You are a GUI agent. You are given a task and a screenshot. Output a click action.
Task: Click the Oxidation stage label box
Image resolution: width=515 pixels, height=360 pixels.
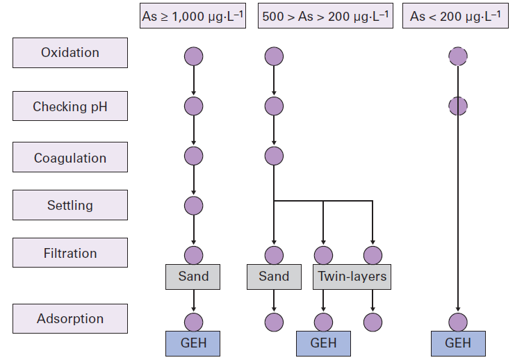(x=70, y=53)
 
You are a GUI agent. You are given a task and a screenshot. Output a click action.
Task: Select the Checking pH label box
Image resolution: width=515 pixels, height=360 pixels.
(x=70, y=107)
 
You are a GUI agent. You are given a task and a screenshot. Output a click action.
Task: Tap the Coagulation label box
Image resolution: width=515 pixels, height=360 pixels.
(x=70, y=158)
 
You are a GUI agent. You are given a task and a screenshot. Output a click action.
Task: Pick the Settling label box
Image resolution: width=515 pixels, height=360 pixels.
(x=70, y=205)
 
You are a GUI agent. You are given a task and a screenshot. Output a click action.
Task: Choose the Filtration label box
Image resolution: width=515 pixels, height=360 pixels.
(x=70, y=253)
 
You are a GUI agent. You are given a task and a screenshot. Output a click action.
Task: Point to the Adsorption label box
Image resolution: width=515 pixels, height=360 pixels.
(x=70, y=319)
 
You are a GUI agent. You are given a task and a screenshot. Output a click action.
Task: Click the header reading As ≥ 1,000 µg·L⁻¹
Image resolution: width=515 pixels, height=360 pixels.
(x=193, y=17)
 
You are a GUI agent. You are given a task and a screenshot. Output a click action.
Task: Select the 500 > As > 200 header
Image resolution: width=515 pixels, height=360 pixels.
(x=324, y=17)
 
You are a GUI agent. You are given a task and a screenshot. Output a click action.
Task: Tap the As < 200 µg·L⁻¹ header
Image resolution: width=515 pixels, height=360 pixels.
(x=456, y=17)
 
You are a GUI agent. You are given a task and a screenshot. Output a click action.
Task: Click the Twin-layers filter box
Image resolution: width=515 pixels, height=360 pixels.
(x=352, y=277)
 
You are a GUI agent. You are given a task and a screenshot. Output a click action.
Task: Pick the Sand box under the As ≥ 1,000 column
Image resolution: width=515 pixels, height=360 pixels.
(x=193, y=277)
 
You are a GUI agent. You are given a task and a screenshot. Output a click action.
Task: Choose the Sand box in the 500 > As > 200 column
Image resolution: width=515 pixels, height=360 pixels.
(x=274, y=277)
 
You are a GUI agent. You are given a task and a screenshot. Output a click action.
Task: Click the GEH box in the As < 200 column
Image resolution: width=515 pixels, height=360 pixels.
(x=457, y=343)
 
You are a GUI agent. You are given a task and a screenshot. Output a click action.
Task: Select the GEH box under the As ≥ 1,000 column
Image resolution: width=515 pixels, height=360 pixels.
(x=193, y=343)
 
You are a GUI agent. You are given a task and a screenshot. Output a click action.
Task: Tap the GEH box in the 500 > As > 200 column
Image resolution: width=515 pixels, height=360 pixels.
(x=323, y=343)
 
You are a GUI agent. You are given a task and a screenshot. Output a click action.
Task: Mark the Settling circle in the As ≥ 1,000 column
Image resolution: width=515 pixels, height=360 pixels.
(x=193, y=205)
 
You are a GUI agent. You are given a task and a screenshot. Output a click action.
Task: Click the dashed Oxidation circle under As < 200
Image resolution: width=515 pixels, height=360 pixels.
(x=457, y=56)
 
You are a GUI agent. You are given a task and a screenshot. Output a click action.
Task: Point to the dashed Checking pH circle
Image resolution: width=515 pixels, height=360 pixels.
(x=457, y=106)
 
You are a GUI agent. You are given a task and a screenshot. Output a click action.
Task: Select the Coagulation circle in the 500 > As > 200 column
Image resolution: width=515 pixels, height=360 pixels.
(x=274, y=156)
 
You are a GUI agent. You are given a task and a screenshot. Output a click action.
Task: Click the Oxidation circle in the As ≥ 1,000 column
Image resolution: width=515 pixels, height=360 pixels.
(x=193, y=56)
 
